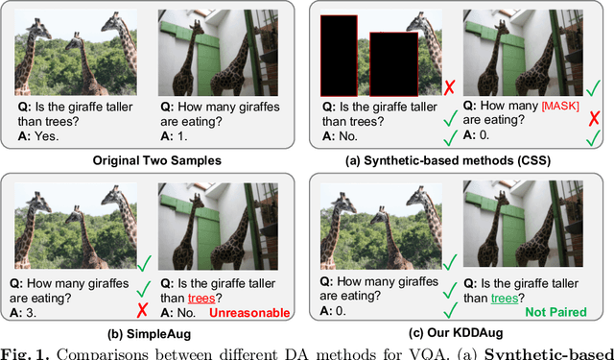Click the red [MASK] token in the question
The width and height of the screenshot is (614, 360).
pos(560,107)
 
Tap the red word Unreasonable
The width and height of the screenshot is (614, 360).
pos(249,313)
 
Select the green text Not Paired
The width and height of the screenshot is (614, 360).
pos(555,312)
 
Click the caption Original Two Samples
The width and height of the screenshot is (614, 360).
pos(157,160)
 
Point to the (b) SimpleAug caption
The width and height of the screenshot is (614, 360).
pos(150,334)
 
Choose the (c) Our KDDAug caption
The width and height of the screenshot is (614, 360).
pos(456,333)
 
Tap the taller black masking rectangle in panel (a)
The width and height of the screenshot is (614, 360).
pos(339,56)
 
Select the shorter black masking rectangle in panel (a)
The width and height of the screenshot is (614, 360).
pos(394,64)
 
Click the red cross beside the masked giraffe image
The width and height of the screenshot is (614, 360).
pos(450,87)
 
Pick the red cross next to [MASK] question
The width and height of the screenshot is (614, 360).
pos(594,117)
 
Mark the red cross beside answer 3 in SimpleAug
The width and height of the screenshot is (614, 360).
pos(142,310)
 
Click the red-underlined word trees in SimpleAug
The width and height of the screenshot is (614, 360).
pos(201,299)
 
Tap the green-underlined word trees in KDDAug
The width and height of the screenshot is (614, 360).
pos(505,299)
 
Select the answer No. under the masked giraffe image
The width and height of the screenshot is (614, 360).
pos(340,136)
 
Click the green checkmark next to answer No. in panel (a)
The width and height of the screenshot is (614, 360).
pos(451,137)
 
